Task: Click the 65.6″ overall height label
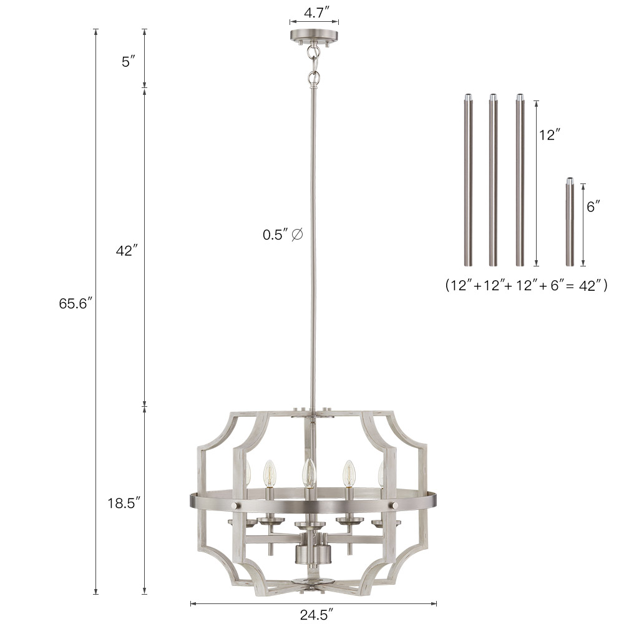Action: [x=76, y=304]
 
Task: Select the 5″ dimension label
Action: [x=128, y=62]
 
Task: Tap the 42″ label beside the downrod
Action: [x=127, y=251]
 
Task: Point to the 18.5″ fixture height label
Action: [x=124, y=503]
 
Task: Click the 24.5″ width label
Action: [x=316, y=615]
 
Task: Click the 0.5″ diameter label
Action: [x=283, y=235]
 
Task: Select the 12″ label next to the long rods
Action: [x=550, y=135]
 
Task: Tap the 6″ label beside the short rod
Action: [x=593, y=207]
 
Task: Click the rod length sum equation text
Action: [x=526, y=285]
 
